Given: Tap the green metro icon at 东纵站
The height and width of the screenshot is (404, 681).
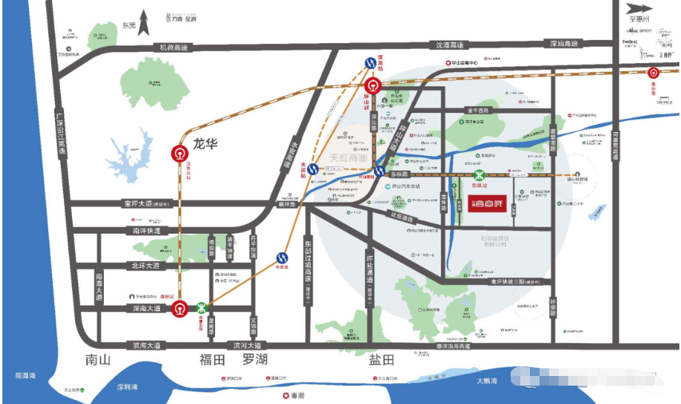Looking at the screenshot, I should coord(479,176).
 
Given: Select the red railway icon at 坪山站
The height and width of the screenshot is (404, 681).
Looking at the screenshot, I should coord(372,87).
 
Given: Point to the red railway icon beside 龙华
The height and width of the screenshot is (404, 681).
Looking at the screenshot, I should coord(181,155).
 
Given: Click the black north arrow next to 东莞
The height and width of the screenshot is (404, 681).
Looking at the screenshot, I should coord(145,20).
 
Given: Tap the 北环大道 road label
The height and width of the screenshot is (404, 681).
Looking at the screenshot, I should coord(143,266).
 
